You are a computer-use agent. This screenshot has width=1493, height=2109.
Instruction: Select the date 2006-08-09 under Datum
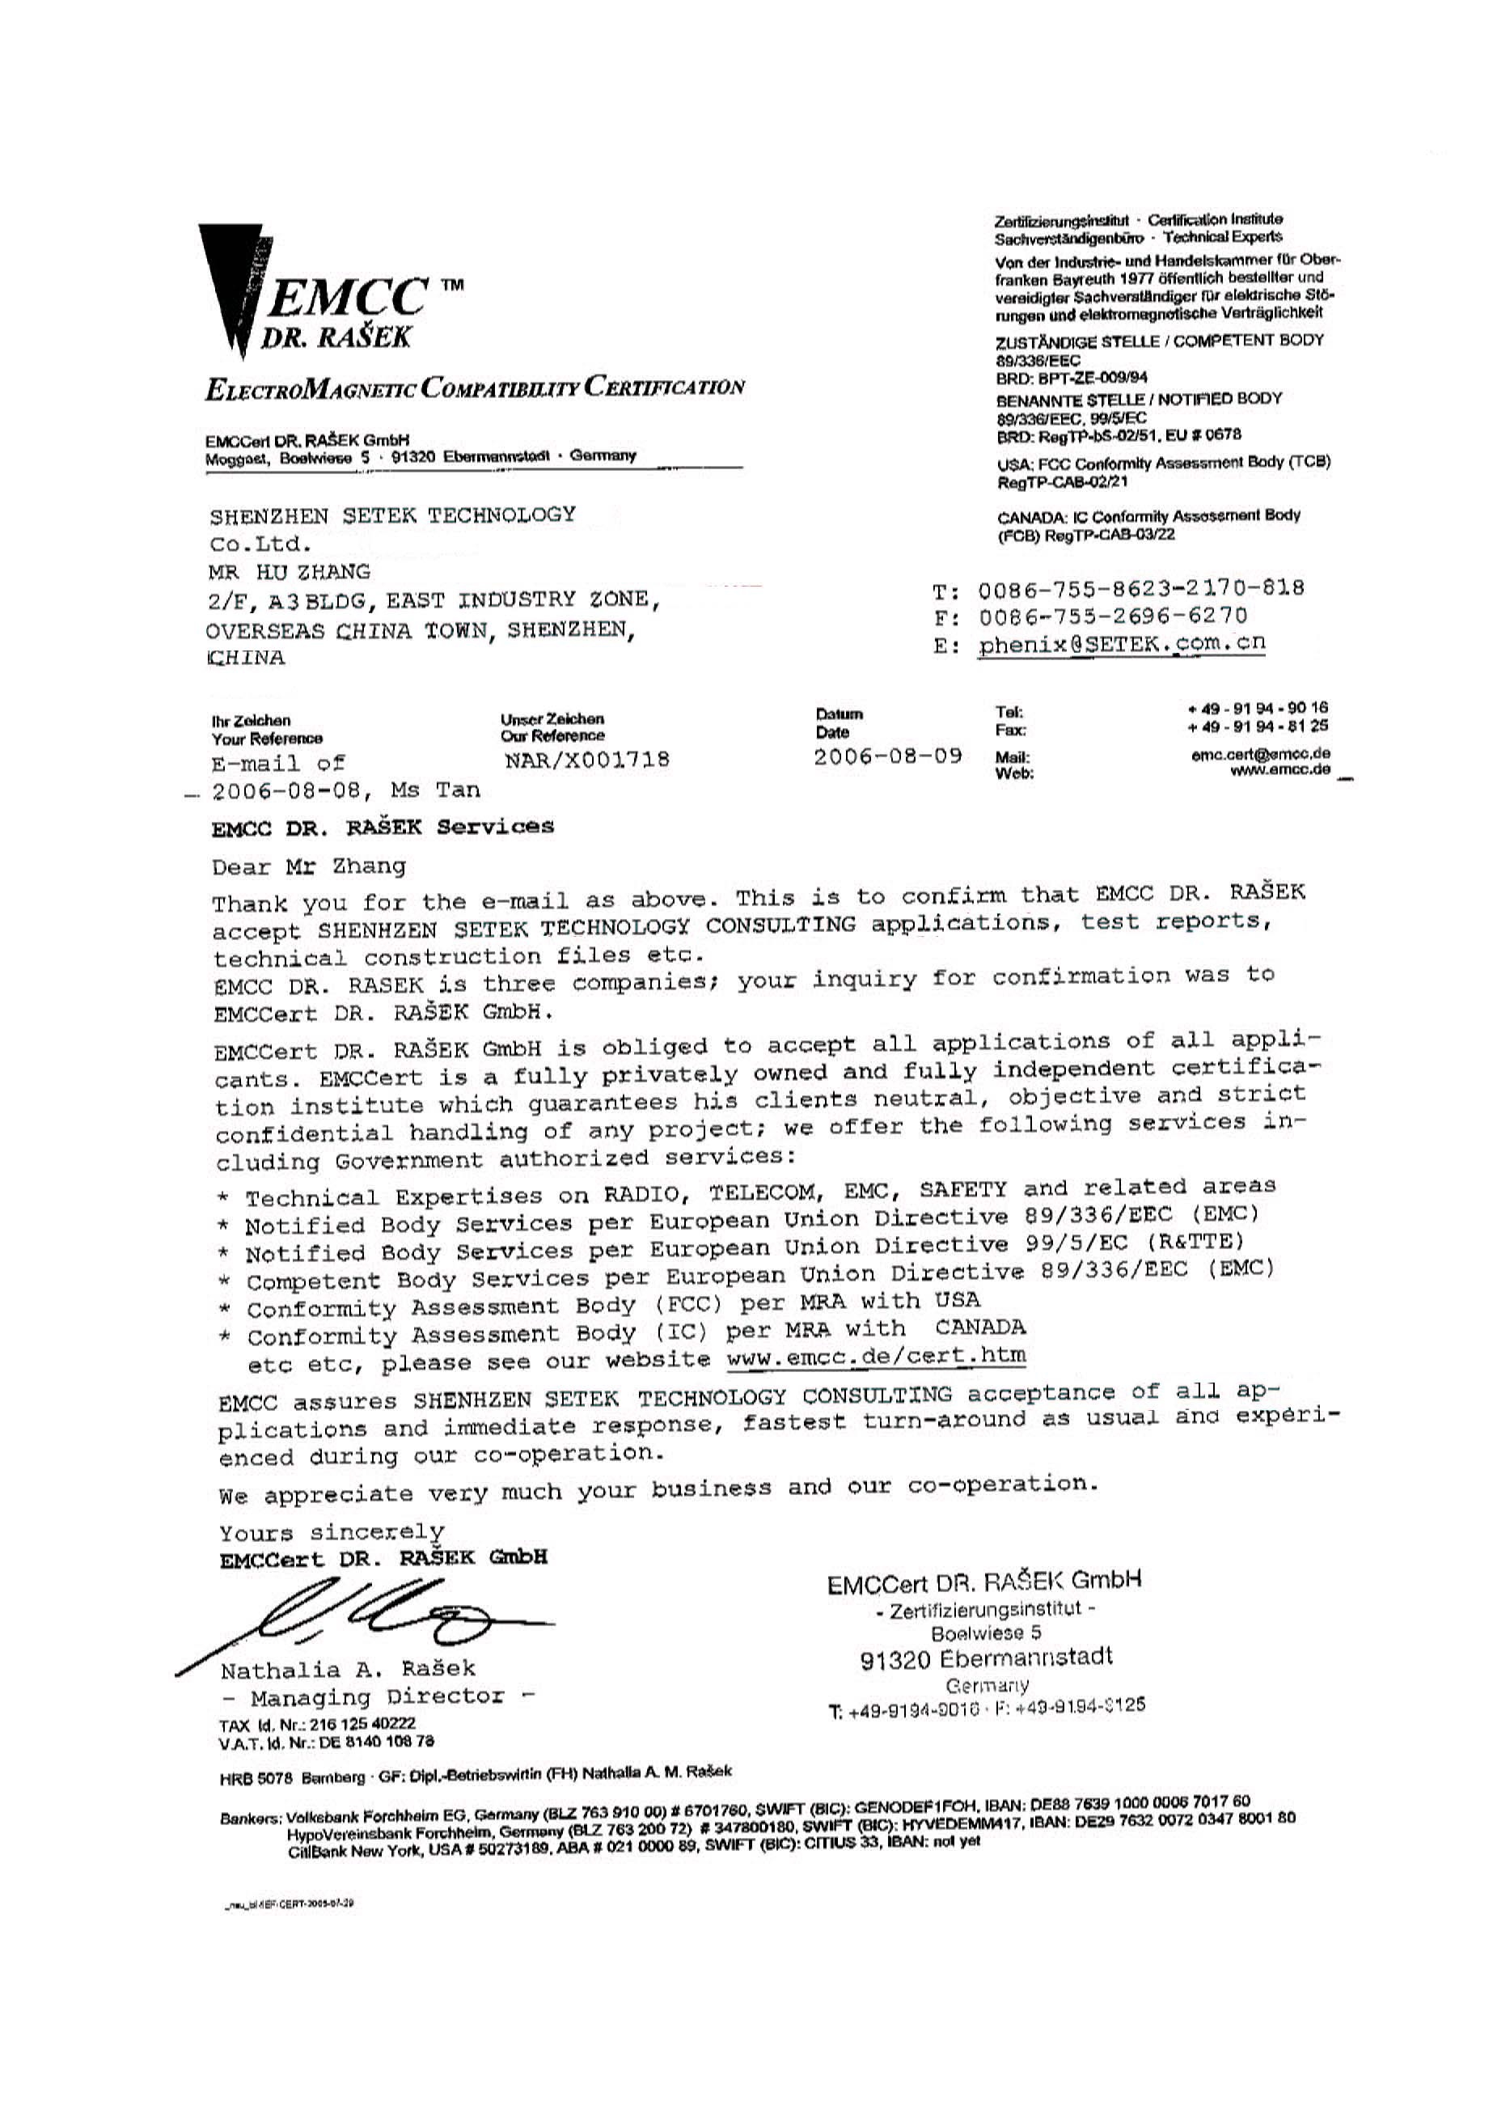tap(887, 756)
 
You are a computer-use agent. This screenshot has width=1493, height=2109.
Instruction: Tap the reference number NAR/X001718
tap(586, 760)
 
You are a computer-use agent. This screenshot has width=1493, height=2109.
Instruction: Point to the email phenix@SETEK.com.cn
tap(1121, 644)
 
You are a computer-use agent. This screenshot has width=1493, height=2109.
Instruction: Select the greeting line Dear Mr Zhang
tap(309, 867)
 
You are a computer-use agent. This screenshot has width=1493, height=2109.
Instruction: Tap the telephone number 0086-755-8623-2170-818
tap(1140, 587)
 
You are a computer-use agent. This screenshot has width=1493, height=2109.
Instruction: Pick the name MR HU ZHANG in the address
tap(290, 572)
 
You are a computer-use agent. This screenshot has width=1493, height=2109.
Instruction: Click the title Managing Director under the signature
tap(377, 1697)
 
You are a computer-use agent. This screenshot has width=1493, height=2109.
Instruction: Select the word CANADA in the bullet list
tap(980, 1328)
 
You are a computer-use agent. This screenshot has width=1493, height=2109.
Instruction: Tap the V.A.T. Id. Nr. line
tap(327, 1741)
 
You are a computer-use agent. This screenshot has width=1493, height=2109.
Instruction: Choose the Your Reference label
tap(267, 739)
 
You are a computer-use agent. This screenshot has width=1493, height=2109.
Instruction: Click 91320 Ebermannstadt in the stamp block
tap(986, 1658)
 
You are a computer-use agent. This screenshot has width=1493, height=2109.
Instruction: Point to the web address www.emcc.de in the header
tap(1279, 770)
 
